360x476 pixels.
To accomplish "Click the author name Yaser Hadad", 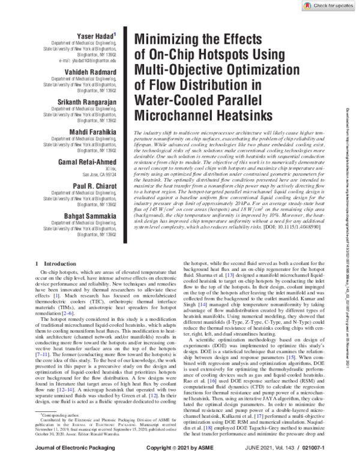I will (x=92, y=37).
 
